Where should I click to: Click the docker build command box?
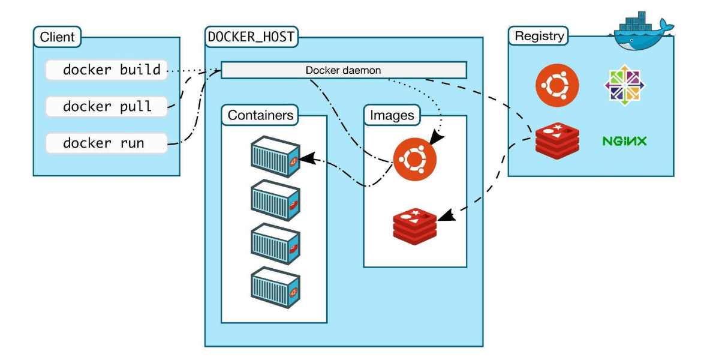(x=106, y=70)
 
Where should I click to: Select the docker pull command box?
(x=106, y=107)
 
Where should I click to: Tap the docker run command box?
(x=106, y=144)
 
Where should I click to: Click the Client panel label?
(x=57, y=37)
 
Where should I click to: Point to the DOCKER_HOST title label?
(x=251, y=37)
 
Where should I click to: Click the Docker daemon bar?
(x=344, y=70)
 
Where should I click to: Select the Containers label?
(x=260, y=115)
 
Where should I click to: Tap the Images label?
(x=392, y=115)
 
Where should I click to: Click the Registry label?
(x=540, y=36)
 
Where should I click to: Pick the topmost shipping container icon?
(x=275, y=157)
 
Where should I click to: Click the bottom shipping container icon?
(x=275, y=287)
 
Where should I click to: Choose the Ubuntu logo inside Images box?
(x=415, y=158)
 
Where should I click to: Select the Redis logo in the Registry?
(x=557, y=140)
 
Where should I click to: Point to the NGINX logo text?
(x=624, y=142)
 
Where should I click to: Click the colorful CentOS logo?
(x=624, y=85)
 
